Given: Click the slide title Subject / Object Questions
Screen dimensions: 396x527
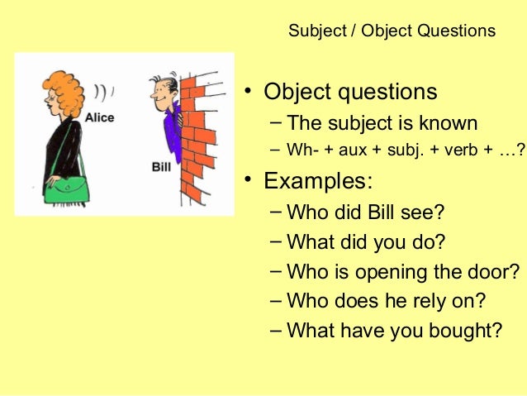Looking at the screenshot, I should coord(392,31).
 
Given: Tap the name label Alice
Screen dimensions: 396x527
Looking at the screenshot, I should coord(98,117).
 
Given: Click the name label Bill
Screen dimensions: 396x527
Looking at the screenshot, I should coord(161,166).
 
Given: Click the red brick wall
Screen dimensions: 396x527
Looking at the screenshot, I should coord(197,136).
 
